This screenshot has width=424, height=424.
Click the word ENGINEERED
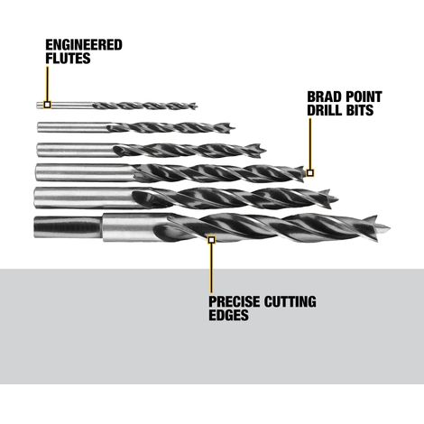click(84, 45)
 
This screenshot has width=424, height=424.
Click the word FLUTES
click(68, 58)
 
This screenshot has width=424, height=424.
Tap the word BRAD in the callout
click(323, 97)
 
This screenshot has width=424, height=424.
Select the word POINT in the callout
click(362, 97)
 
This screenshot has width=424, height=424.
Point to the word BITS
click(360, 110)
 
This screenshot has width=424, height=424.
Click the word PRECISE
click(235, 301)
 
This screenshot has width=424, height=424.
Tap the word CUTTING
click(290, 301)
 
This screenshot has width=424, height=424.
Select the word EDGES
click(228, 315)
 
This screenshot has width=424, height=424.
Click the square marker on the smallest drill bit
click(47, 105)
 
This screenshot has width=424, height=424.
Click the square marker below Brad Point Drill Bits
click(310, 173)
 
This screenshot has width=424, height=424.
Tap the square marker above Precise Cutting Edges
click(211, 240)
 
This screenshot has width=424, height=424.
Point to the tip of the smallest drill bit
click(197, 106)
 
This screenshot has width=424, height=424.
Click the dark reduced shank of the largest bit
click(68, 227)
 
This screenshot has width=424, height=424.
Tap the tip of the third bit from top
click(265, 150)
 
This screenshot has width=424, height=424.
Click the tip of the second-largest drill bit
click(338, 199)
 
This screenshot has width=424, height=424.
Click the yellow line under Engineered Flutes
click(47, 84)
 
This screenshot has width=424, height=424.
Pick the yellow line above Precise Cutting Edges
click(211, 268)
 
